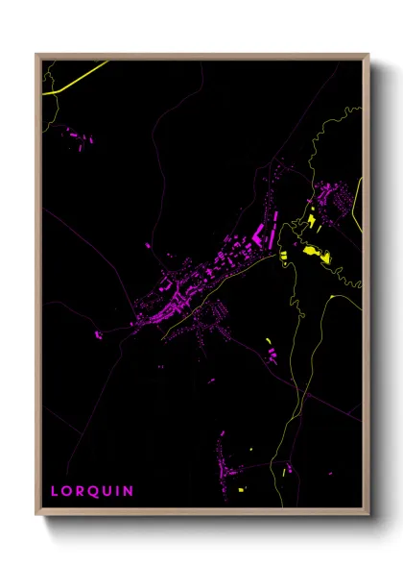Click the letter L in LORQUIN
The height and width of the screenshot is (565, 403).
click(x=55, y=491)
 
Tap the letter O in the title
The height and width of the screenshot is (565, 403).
click(x=68, y=491)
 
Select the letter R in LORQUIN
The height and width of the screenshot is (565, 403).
click(x=82, y=491)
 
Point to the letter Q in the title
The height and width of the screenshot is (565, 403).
click(x=96, y=491)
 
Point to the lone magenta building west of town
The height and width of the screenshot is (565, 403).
click(x=98, y=335)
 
